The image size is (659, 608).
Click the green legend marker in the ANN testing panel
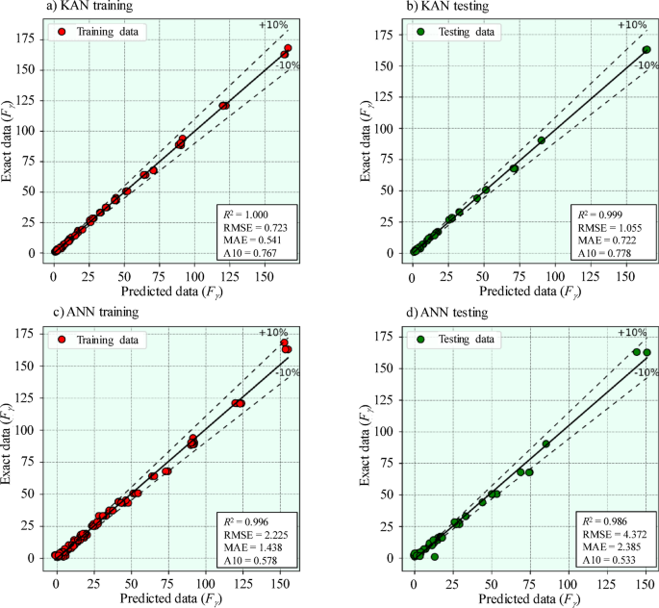point(420,339)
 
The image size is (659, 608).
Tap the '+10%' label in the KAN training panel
point(272,24)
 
